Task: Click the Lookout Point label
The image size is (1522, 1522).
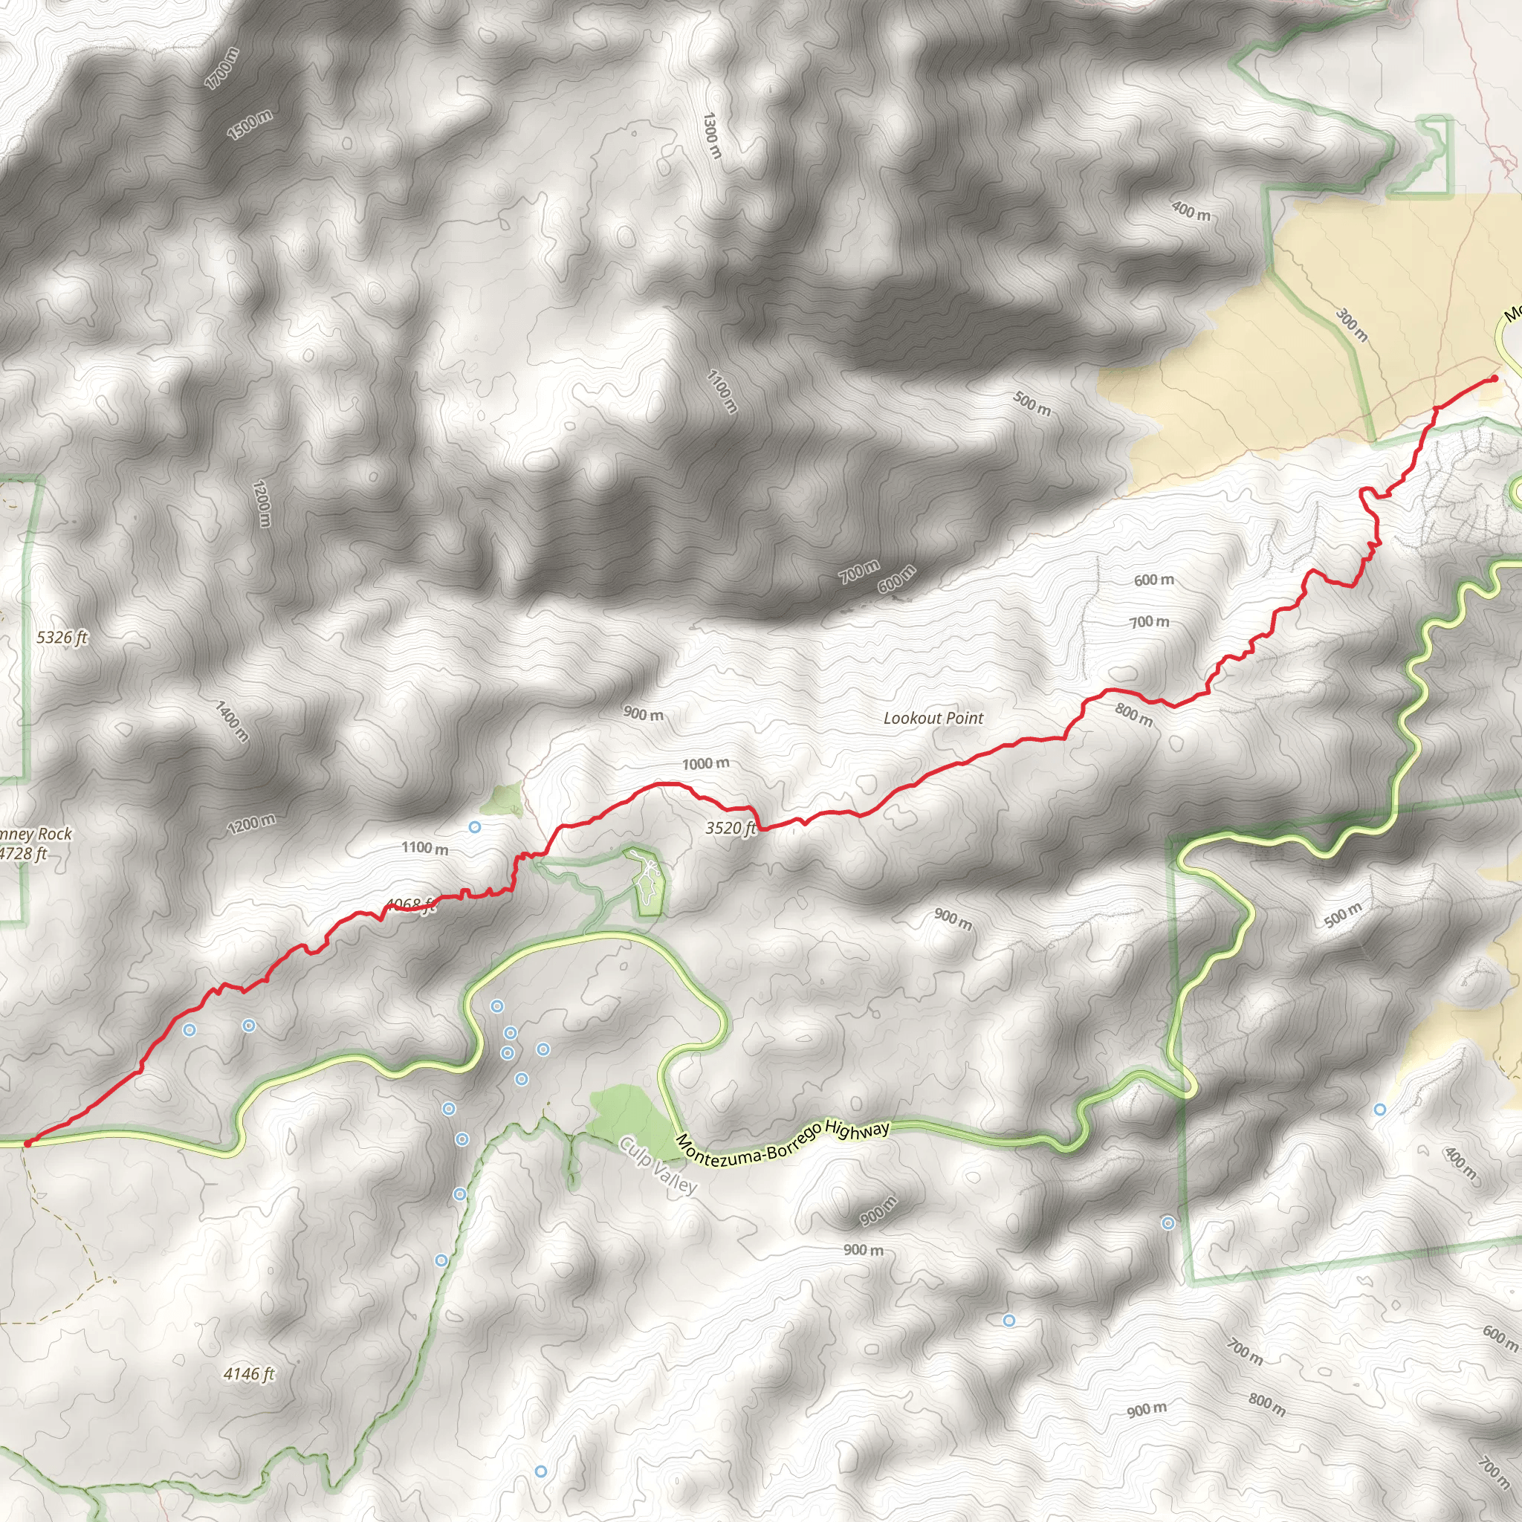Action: [x=933, y=718]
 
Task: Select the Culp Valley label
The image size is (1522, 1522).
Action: [x=658, y=1165]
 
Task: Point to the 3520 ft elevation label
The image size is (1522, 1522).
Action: [x=730, y=828]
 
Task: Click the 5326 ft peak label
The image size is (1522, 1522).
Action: [x=62, y=638]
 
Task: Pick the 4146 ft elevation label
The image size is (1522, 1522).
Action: [x=249, y=1374]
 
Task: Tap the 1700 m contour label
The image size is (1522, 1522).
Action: [x=221, y=68]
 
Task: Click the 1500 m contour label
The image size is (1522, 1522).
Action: [x=250, y=124]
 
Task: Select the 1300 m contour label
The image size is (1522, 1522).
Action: [x=711, y=135]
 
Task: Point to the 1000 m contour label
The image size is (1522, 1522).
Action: [x=705, y=763]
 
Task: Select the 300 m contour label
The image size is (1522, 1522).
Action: [x=1351, y=325]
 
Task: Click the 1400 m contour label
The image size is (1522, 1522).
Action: [x=232, y=721]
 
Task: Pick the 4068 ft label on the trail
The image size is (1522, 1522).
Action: [x=409, y=905]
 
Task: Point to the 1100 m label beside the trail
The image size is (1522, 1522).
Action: [x=424, y=848]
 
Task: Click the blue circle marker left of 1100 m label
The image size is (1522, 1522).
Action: [x=475, y=827]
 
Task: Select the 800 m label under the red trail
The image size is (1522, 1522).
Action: [x=1133, y=714]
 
